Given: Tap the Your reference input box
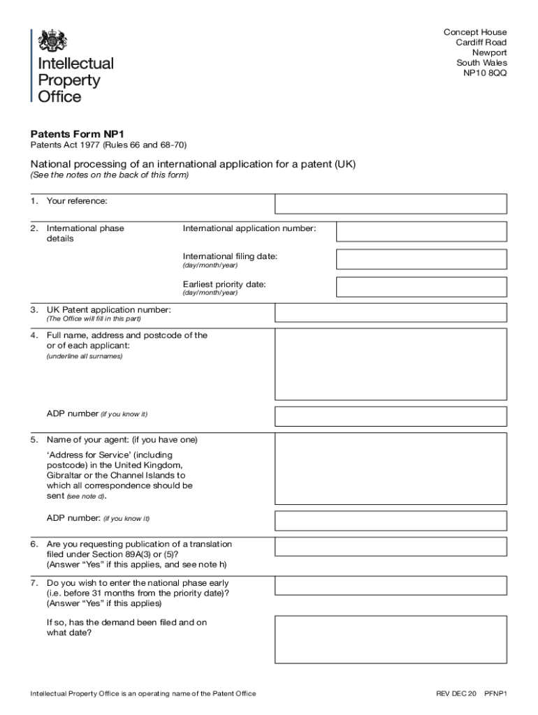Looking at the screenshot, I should point(391,204).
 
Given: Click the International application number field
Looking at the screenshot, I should point(421,232).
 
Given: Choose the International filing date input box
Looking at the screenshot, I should point(421,260).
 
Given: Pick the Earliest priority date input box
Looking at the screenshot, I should point(421,287).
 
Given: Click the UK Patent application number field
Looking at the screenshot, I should point(391,313).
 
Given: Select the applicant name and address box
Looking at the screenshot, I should point(391,364).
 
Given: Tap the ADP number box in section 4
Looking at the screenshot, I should point(391,417).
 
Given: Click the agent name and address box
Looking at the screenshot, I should point(391,469).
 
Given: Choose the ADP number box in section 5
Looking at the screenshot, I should point(391,521).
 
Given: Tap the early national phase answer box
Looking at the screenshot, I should point(391,585).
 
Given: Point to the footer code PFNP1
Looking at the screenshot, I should point(495,693).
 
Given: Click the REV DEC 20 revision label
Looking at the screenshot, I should point(456,693).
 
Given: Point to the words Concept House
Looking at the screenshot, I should point(475,32).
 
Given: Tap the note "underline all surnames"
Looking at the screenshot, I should point(85,356).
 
